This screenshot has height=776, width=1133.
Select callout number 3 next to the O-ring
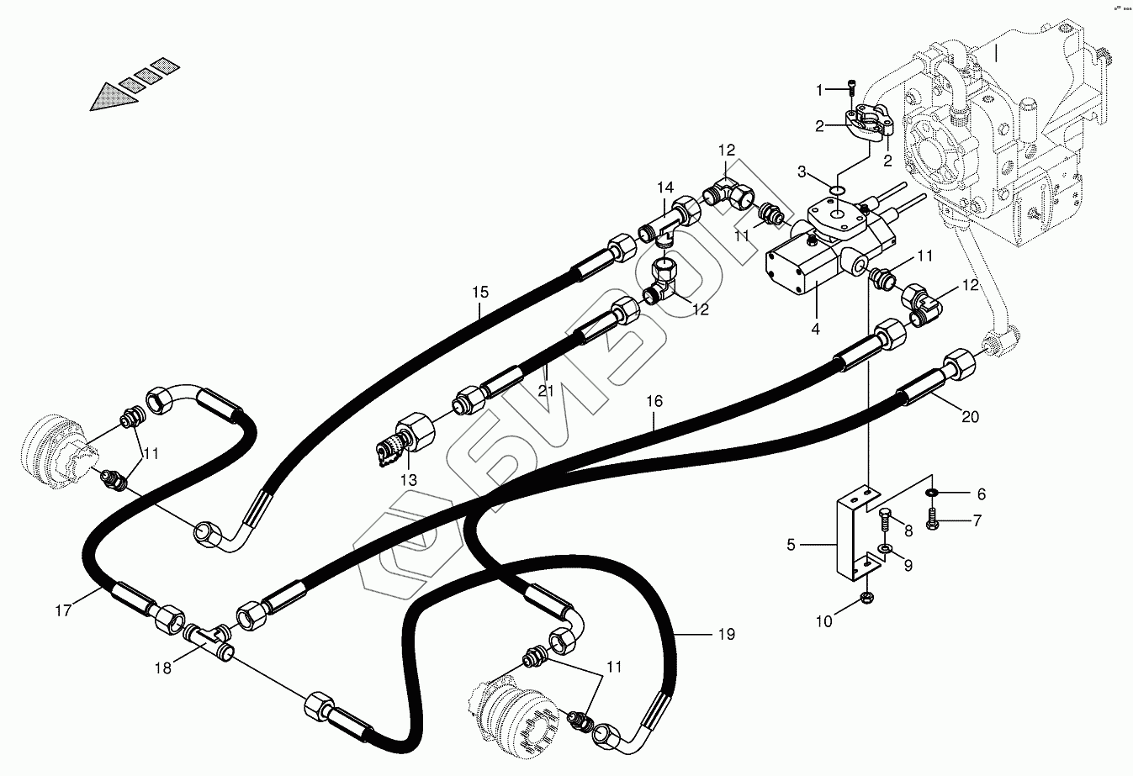pyautogui.click(x=802, y=172)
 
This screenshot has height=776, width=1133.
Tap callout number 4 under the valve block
pyautogui.click(x=815, y=329)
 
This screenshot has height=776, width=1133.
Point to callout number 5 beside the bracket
pyautogui.click(x=791, y=545)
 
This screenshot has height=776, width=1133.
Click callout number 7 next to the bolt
pyautogui.click(x=977, y=521)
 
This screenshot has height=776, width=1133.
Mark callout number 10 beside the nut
pyautogui.click(x=824, y=621)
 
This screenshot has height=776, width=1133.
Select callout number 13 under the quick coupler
pyautogui.click(x=408, y=480)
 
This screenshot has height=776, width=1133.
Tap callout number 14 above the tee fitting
pyautogui.click(x=665, y=187)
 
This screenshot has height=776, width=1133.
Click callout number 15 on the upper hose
pyautogui.click(x=479, y=293)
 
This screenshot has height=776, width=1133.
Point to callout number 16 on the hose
pyautogui.click(x=655, y=403)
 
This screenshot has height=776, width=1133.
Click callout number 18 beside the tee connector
pyautogui.click(x=162, y=668)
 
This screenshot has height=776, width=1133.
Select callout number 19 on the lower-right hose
pyautogui.click(x=726, y=634)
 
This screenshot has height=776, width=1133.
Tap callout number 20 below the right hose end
pyautogui.click(x=970, y=417)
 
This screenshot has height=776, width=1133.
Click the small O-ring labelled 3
pyautogui.click(x=836, y=191)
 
